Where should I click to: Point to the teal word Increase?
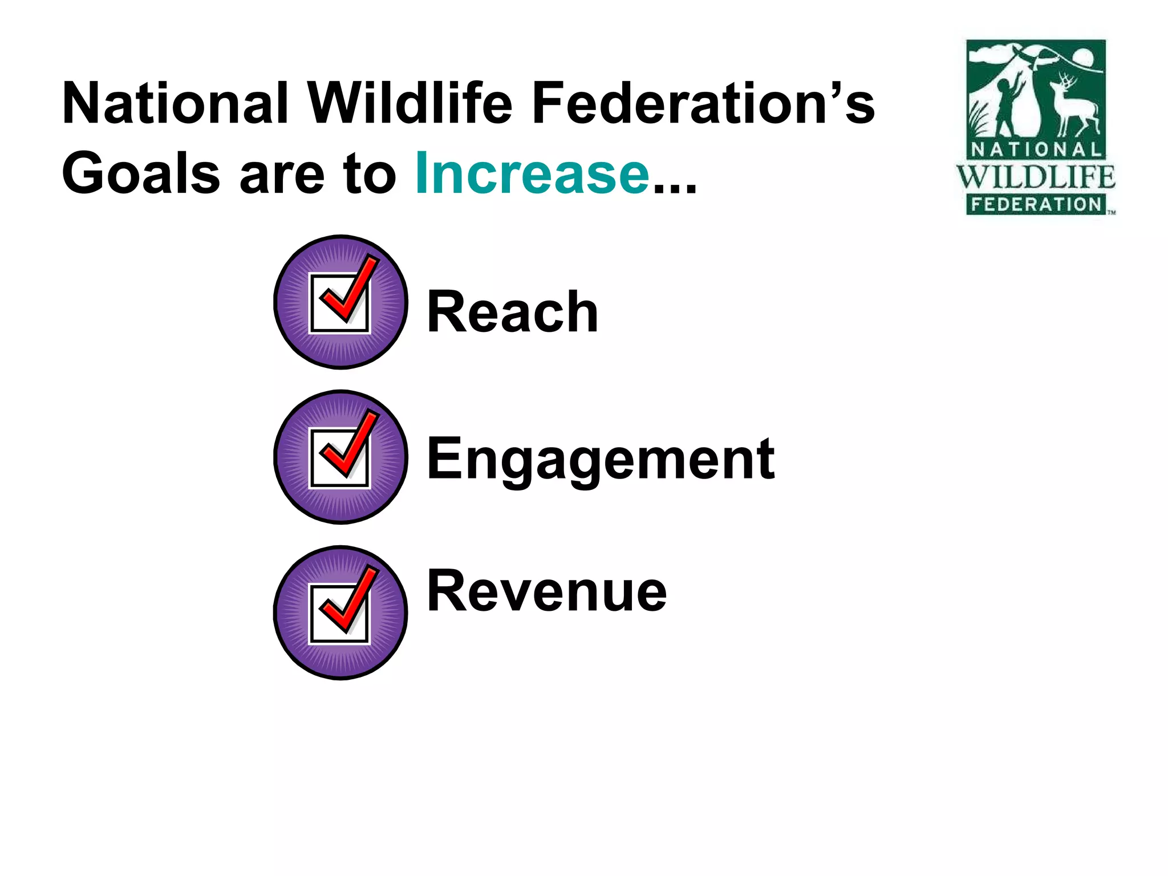point(532,173)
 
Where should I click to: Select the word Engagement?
point(601,459)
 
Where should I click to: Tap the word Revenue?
point(547,591)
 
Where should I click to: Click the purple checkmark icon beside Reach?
point(341,302)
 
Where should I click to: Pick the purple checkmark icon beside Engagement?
point(341,457)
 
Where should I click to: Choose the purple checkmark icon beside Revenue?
point(341,613)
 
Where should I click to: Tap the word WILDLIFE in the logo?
point(1036,177)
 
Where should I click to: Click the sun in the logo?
point(1083,58)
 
